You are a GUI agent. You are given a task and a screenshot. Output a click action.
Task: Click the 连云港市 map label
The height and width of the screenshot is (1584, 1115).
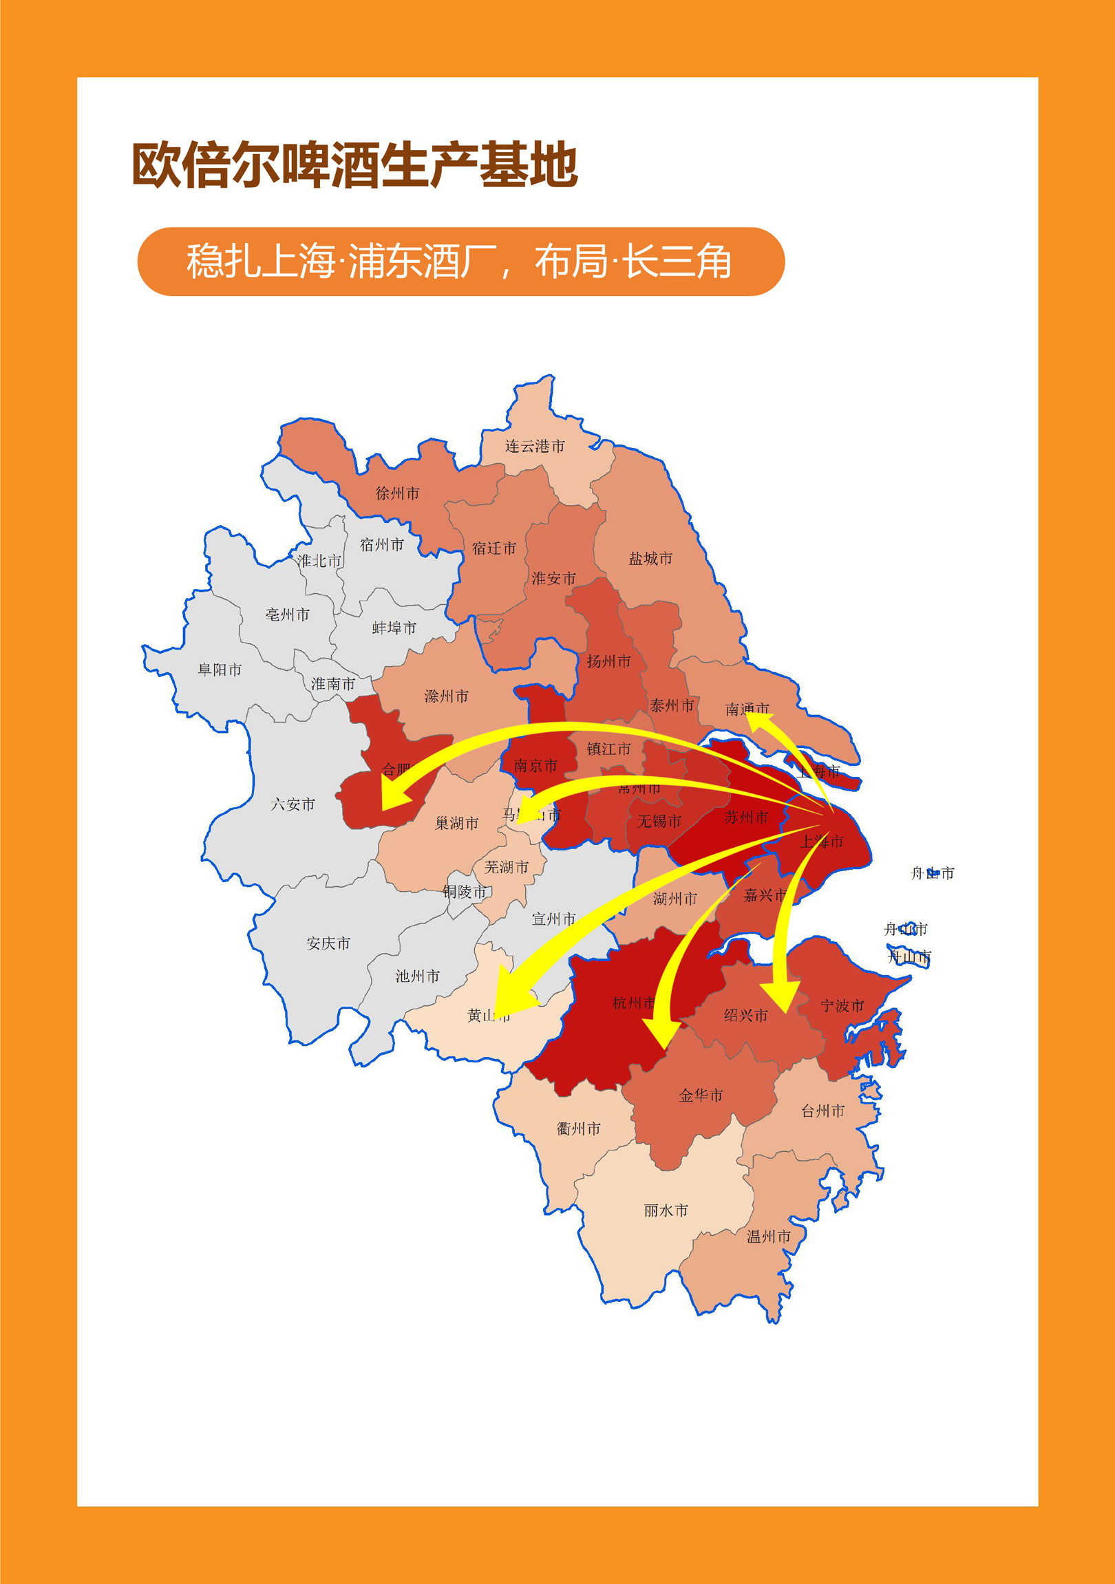pyautogui.click(x=535, y=447)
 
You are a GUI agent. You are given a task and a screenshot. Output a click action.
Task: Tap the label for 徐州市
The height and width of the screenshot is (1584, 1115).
pyautogui.click(x=397, y=493)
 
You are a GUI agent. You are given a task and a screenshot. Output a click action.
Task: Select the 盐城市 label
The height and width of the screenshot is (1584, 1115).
pyautogui.click(x=650, y=559)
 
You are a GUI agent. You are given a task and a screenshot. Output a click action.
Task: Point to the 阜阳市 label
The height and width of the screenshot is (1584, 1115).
pyautogui.click(x=220, y=670)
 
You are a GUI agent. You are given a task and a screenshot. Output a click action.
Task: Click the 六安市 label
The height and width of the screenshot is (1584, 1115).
pyautogui.click(x=293, y=804)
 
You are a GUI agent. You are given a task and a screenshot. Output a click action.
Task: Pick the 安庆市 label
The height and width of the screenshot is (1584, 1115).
pyautogui.click(x=328, y=943)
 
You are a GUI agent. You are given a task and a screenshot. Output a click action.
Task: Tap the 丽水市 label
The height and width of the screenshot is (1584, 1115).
pyautogui.click(x=666, y=1210)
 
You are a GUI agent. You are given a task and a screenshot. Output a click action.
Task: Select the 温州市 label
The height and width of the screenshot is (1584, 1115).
pyautogui.click(x=769, y=1237)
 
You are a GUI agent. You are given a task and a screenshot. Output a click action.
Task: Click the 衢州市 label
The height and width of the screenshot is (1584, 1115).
pyautogui.click(x=578, y=1128)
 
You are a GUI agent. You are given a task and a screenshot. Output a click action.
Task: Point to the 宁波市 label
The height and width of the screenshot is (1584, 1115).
pyautogui.click(x=842, y=1006)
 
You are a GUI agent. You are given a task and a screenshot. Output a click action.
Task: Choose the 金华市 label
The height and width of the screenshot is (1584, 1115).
pyautogui.click(x=701, y=1095)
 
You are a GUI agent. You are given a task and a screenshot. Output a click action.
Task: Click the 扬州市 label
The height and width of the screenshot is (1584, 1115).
pyautogui.click(x=608, y=662)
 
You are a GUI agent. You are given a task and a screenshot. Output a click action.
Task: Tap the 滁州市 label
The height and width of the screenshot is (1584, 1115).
pyautogui.click(x=447, y=697)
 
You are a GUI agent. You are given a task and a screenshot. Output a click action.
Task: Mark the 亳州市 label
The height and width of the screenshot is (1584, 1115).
pyautogui.click(x=288, y=614)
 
